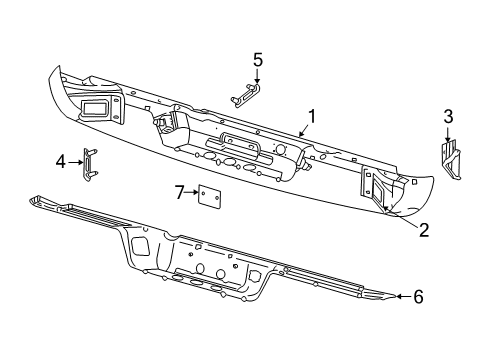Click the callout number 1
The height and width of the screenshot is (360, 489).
coord(313,116)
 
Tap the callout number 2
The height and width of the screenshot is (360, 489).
coord(424,230)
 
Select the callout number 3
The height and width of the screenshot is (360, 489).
coord(447,117)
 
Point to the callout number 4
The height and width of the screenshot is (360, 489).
coord(61,160)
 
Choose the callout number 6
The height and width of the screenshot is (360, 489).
coord(418,295)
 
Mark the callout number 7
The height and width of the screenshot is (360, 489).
coord(180,190)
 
